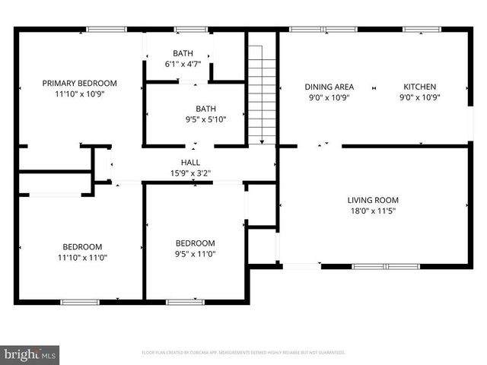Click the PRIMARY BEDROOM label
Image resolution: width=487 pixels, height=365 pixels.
[80, 83]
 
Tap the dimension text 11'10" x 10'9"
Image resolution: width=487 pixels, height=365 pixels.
[80, 95]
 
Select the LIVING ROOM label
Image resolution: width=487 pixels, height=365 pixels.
[373, 201]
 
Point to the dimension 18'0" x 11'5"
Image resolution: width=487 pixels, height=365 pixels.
[373, 212]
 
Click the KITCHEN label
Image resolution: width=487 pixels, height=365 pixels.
[420, 87]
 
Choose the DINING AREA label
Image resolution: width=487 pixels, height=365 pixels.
[329, 87]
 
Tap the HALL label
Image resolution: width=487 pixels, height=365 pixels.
[190, 162]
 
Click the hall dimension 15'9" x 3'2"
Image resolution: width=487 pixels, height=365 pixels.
[190, 173]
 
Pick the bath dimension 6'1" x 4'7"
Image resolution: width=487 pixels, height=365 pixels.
[183, 65]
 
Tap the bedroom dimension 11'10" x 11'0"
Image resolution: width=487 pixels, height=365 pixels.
[81, 258]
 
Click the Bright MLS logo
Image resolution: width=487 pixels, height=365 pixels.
[30, 354]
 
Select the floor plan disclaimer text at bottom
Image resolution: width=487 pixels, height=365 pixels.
[243, 353]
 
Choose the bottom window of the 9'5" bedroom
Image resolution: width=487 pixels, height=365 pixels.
[185, 302]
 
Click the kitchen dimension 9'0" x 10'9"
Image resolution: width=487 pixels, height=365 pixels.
[420, 97]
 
